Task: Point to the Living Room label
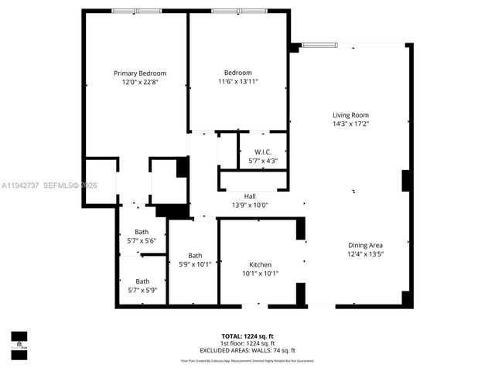(350, 115)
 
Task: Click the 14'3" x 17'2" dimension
(350, 124)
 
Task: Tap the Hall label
(250, 196)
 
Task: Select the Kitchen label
(260, 264)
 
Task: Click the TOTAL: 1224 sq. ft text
(247, 336)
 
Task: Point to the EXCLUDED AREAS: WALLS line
(247, 350)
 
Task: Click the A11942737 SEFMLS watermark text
(49, 185)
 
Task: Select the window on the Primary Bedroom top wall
(136, 10)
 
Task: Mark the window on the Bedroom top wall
(236, 10)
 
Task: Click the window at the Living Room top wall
(319, 45)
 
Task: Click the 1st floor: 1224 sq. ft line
(247, 343)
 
